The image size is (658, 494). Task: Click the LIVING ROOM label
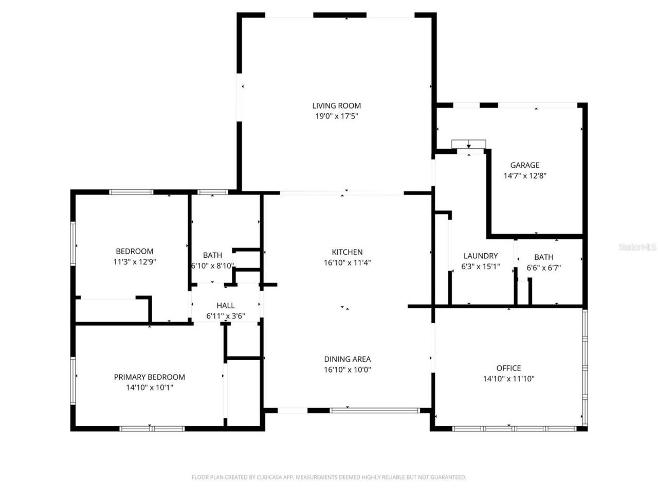337,106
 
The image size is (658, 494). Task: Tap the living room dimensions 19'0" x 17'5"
337,116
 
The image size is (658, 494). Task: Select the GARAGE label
524,165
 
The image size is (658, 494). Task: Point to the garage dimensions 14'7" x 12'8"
524,175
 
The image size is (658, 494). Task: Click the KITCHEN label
347,252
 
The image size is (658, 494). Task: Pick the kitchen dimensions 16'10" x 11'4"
347,262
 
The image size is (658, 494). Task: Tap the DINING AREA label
347,359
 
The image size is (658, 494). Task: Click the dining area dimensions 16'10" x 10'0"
347,369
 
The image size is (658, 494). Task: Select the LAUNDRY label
481,256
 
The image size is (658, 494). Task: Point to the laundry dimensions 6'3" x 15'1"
481,268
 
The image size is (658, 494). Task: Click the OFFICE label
508,368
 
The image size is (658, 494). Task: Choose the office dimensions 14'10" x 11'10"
508,379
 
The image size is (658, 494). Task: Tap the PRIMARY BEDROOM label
149,377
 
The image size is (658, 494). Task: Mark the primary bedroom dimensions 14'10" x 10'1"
149,387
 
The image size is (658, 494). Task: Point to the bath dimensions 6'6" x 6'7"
543,268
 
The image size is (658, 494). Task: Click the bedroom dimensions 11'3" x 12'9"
134,261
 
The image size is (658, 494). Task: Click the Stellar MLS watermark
637,248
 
